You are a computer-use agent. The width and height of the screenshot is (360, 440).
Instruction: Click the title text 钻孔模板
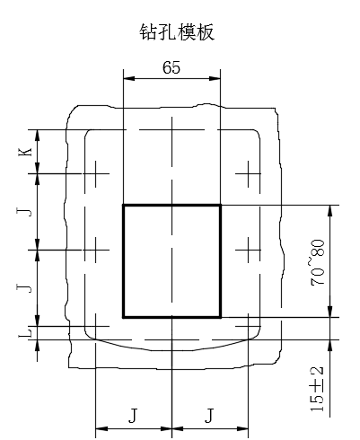pos(177,32)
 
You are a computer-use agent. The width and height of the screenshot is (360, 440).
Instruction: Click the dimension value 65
pos(171,67)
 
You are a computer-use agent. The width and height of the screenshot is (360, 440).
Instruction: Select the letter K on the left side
pos(27,152)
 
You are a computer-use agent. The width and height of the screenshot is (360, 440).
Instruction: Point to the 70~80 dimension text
pos(318,262)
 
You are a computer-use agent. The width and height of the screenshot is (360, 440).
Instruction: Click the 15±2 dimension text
pos(317,389)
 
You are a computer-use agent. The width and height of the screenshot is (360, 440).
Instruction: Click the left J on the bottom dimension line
pos(133,416)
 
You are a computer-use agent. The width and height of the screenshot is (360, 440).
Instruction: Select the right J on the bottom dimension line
pos(209,416)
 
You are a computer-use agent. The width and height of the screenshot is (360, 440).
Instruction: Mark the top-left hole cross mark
pos(95,173)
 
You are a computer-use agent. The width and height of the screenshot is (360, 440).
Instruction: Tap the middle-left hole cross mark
pos(95,250)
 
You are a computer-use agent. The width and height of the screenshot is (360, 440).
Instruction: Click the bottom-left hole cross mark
pos(95,326)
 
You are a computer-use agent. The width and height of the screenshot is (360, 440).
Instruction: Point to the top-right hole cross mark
pos(248,173)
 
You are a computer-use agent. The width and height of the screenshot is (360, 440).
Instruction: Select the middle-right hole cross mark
pos(248,250)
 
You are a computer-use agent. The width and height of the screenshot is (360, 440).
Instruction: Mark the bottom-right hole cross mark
pos(248,326)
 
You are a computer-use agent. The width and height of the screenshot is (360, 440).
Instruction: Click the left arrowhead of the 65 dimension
pos(129,78)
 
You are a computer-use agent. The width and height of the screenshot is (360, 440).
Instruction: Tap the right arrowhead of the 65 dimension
pos(215,78)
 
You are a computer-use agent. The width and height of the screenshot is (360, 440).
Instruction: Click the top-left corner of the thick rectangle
pos(124,206)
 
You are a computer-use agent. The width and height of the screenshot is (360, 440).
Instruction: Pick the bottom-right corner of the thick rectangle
pos(221,317)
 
